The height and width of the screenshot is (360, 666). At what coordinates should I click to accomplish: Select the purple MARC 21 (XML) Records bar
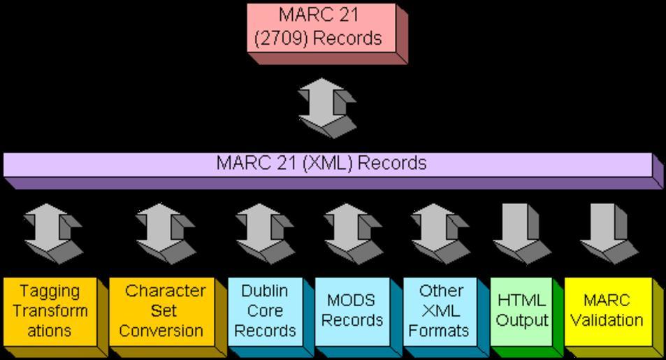coord(328,164)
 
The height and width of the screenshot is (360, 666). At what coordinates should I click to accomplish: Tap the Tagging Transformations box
coord(49,310)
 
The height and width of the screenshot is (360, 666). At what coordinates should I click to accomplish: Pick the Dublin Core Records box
coord(265,310)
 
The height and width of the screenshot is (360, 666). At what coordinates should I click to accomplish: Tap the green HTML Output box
coord(521,310)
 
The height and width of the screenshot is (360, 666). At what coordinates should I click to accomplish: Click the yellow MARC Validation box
coord(606,310)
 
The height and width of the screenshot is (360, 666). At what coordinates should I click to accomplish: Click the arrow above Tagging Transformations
coord(48,230)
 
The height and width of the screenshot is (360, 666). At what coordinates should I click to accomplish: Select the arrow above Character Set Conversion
coord(161,230)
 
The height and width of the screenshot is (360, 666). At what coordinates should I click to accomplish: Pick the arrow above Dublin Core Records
coord(263,230)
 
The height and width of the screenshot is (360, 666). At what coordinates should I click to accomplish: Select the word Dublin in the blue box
coord(264,290)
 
